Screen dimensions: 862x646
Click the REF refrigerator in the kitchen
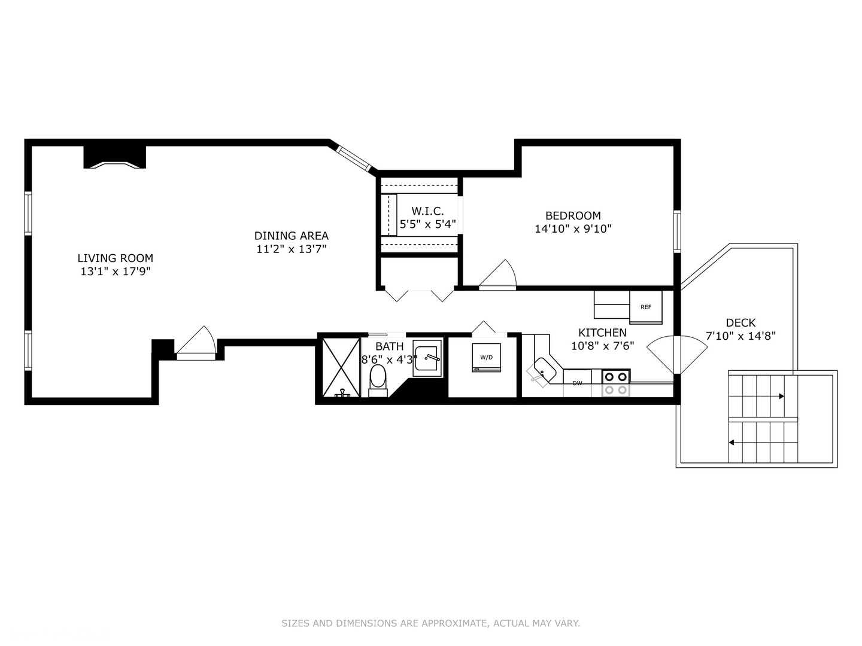(x=646, y=307)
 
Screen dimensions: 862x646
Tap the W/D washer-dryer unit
(x=486, y=357)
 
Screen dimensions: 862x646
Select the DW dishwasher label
(x=577, y=383)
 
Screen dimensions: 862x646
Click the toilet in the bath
(x=378, y=380)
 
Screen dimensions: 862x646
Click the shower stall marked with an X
(x=341, y=367)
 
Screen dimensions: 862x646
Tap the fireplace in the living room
(x=115, y=158)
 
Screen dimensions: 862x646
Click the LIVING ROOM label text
(x=115, y=258)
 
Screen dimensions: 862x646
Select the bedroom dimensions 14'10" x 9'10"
(x=573, y=228)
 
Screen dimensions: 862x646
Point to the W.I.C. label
(x=427, y=211)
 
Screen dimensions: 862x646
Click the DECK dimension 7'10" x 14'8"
(x=740, y=336)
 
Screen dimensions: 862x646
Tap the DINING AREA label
(x=291, y=236)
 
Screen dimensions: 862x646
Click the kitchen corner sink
(x=544, y=370)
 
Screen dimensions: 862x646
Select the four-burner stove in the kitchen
(x=616, y=383)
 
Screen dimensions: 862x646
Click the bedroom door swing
(x=497, y=275)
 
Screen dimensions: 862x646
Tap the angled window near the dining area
(x=353, y=159)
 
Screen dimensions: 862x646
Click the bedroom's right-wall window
(x=677, y=231)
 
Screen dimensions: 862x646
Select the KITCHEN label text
(x=602, y=333)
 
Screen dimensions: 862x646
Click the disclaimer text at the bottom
(x=431, y=623)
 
